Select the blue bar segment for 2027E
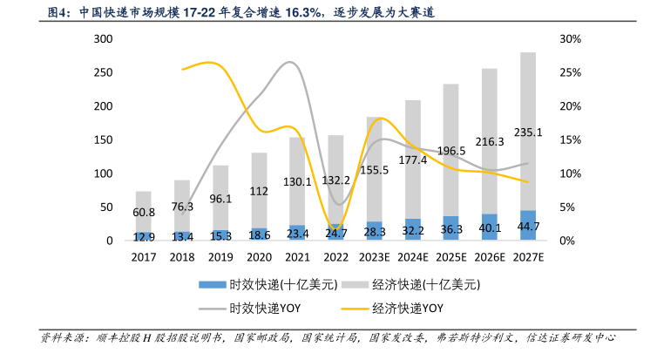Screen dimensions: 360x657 [x=528, y=225]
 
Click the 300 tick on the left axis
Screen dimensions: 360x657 [x=103, y=39]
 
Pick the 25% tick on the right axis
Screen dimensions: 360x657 [x=571, y=72]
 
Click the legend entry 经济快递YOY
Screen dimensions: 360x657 [x=408, y=308]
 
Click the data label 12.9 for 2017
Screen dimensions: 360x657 [x=143, y=236]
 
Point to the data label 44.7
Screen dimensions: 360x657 [x=528, y=227]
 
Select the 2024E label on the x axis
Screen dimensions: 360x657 [x=412, y=257]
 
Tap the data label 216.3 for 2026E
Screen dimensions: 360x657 [x=489, y=141]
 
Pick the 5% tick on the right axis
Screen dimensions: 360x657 [x=567, y=207]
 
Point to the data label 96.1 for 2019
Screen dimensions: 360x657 [x=220, y=198]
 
